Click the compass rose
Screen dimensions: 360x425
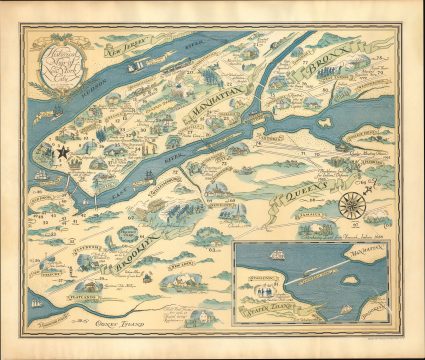(x=352, y=206)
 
